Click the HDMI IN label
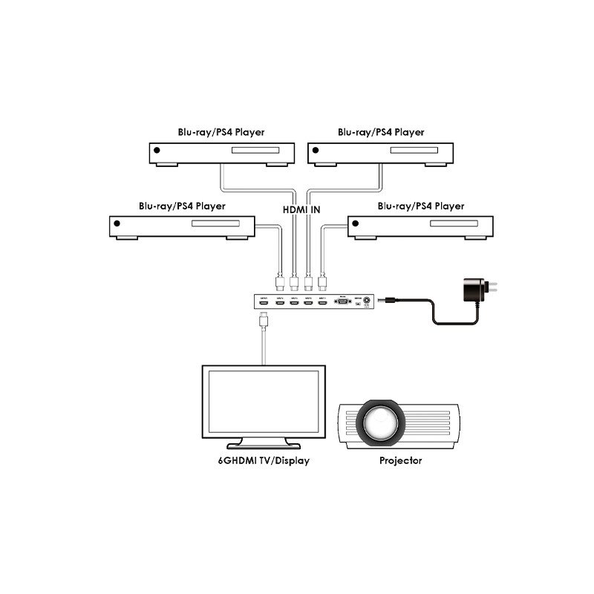[x=301, y=210]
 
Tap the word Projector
[x=400, y=460]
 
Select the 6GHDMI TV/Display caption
[x=259, y=460]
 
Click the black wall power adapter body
[x=473, y=290]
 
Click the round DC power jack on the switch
[x=363, y=302]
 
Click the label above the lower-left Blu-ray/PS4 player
[x=182, y=206]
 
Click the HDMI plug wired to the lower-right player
[x=322, y=282]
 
